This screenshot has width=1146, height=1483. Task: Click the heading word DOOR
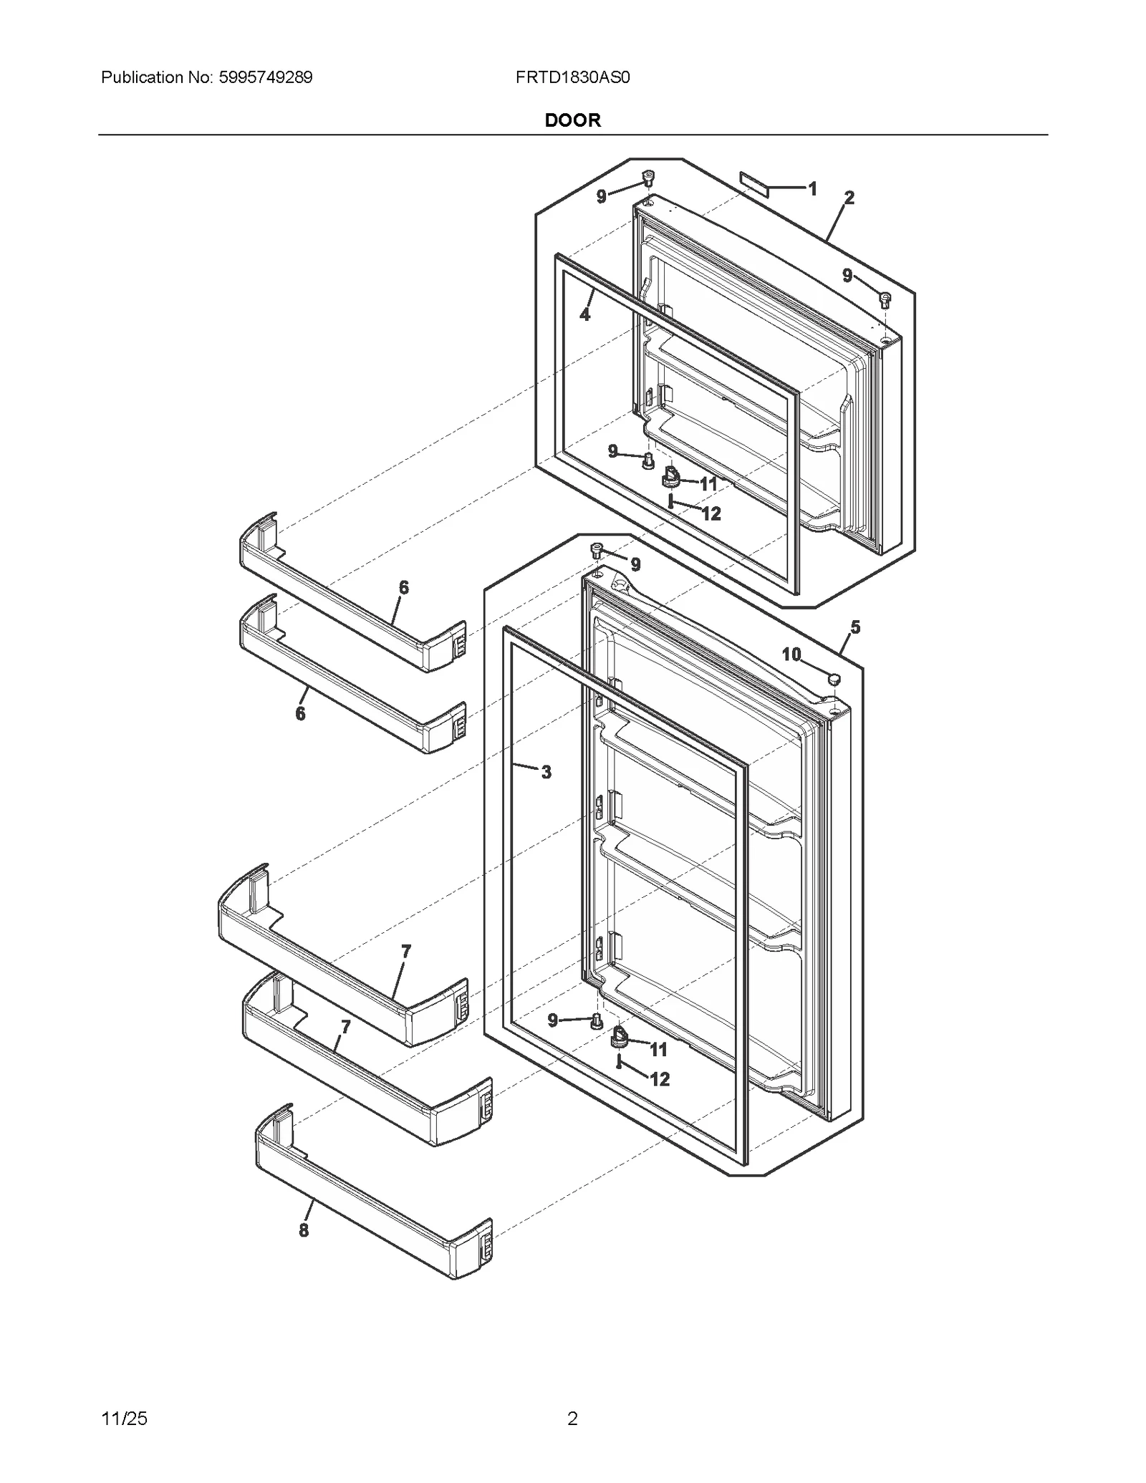click(572, 120)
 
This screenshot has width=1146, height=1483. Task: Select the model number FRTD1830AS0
click(572, 77)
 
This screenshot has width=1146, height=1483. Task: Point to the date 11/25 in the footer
click(125, 1418)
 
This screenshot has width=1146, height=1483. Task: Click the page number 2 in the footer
click(572, 1418)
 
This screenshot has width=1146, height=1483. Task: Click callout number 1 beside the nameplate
click(812, 189)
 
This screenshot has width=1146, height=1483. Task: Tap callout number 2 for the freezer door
click(849, 198)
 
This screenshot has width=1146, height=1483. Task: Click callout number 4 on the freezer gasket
click(585, 314)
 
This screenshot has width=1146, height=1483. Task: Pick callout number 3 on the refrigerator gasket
click(546, 772)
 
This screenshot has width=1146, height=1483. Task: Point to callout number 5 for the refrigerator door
click(855, 628)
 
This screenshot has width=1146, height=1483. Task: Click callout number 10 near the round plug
click(791, 654)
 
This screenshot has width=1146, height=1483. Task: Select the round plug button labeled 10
click(833, 677)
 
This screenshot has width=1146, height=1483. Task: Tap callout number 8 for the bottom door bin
click(304, 1230)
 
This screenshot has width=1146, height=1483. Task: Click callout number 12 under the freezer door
click(711, 513)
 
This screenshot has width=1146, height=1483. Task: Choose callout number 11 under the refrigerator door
click(658, 1050)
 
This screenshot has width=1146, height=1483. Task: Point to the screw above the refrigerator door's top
click(597, 549)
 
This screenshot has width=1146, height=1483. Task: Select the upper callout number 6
click(404, 588)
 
